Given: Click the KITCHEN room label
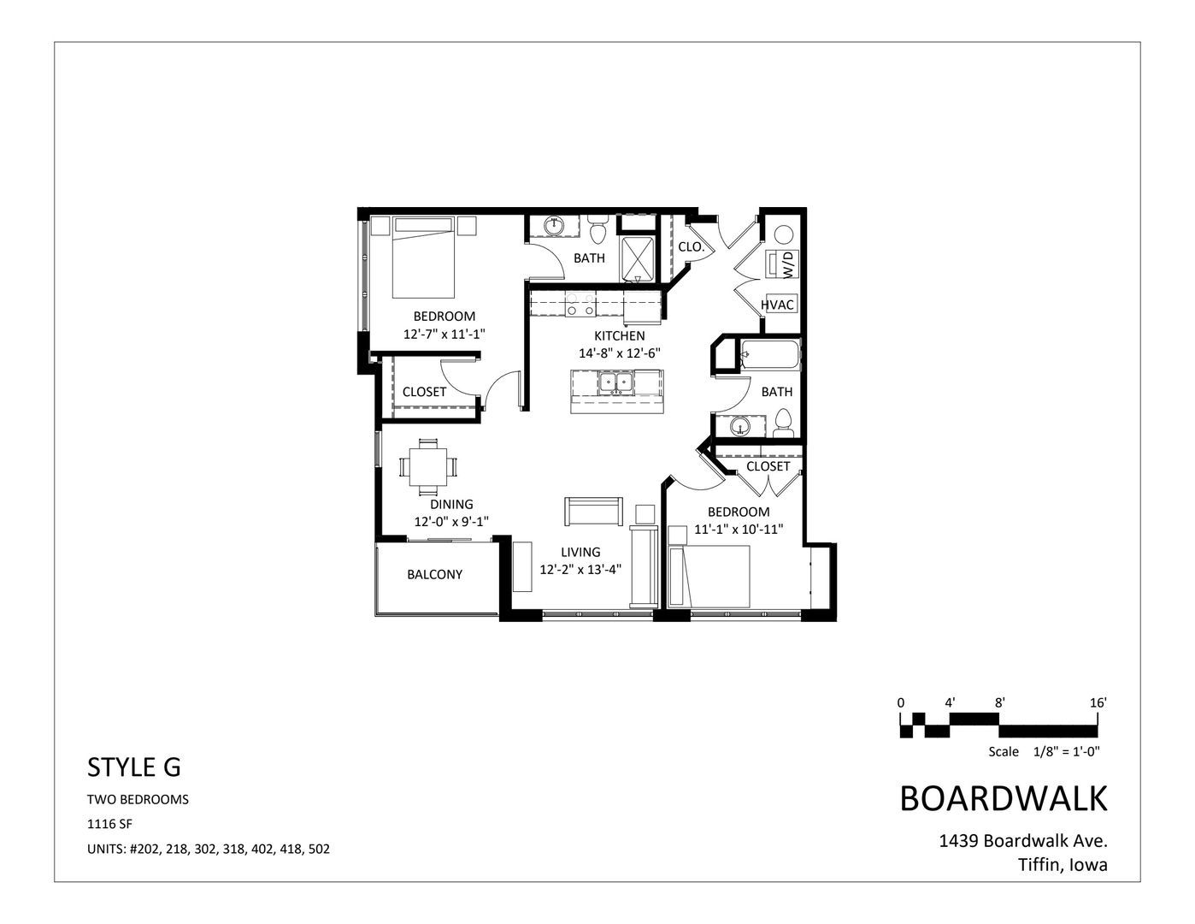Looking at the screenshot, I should [620, 335].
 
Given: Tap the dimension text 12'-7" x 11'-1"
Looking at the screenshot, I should [450, 335].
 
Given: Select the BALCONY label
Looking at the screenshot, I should [434, 574].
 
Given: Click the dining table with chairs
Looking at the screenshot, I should [427, 466].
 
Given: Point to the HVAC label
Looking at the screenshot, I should [778, 305].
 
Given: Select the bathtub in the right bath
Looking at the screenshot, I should [770, 353].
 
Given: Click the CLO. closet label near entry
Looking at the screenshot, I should [691, 246].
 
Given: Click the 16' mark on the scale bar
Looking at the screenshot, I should [1098, 702].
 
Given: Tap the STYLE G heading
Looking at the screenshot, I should [134, 767].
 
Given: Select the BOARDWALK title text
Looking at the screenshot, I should [1004, 798].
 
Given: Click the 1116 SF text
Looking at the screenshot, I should [110, 824].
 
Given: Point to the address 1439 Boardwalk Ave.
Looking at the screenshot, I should [1023, 840].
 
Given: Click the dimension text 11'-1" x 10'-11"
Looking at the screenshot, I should [739, 529].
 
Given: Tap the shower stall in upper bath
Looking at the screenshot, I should [638, 259].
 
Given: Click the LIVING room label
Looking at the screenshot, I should [580, 552].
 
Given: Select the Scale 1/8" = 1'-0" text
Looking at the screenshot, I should [1043, 751].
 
